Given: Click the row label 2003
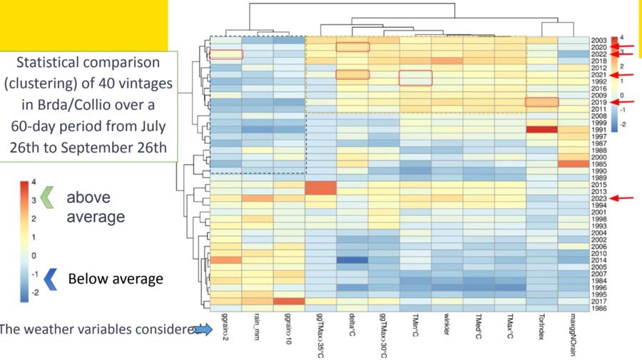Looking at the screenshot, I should click(x=598, y=40).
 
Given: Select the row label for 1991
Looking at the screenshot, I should click(x=598, y=129).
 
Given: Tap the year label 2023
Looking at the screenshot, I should click(x=598, y=198).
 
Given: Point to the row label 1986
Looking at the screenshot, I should click(x=598, y=308).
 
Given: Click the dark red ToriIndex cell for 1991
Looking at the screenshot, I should click(x=542, y=130).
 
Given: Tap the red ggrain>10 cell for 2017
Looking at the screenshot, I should click(x=289, y=302).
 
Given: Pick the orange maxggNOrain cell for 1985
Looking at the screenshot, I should click(x=574, y=164).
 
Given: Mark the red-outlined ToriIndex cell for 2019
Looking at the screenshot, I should click(x=542, y=102).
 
